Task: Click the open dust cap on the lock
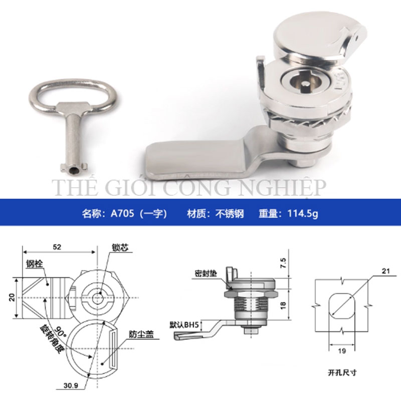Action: tap(320, 41)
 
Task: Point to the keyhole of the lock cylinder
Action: tap(304, 84)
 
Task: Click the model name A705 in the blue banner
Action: tap(122, 213)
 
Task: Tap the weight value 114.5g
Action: tap(303, 214)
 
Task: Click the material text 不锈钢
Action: tap(230, 214)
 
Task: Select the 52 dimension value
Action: tap(57, 247)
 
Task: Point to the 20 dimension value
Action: tap(12, 297)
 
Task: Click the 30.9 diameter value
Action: tap(71, 385)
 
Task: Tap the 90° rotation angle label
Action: tap(60, 332)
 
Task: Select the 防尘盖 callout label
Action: tap(141, 334)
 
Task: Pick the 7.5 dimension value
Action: tap(283, 263)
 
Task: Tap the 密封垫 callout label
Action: tap(206, 273)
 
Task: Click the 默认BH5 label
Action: tap(184, 325)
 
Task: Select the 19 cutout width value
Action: tap(342, 351)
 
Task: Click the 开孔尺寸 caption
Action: tap(342, 372)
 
